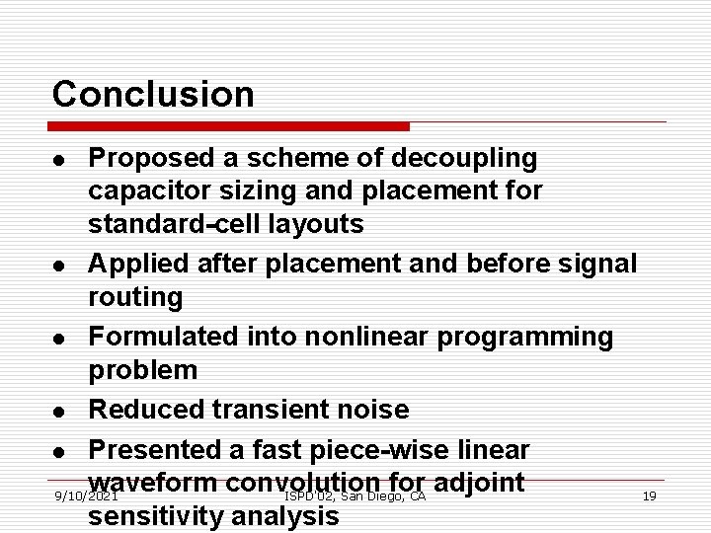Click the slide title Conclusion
coord(153,95)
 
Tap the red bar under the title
coord(230,126)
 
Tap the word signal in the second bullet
coord(598,264)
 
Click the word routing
coord(135,297)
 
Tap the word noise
coord(373,410)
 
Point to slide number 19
coord(649,495)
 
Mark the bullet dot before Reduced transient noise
coord(60,411)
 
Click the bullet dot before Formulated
coord(60,338)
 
